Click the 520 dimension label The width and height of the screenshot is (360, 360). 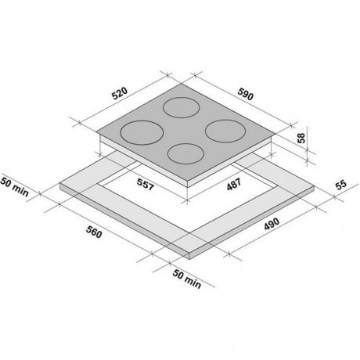(x=120, y=93)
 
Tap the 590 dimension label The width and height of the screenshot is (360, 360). (x=245, y=94)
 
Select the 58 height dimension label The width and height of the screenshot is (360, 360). (x=301, y=138)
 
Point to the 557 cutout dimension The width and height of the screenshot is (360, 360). (x=146, y=184)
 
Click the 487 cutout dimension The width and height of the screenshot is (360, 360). (x=234, y=184)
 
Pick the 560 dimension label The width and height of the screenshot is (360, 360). (x=94, y=232)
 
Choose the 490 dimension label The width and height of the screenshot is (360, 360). (x=272, y=224)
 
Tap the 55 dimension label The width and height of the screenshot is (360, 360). (x=341, y=185)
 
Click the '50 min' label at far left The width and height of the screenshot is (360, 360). (x=14, y=186)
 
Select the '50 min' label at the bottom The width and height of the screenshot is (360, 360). (x=187, y=279)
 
